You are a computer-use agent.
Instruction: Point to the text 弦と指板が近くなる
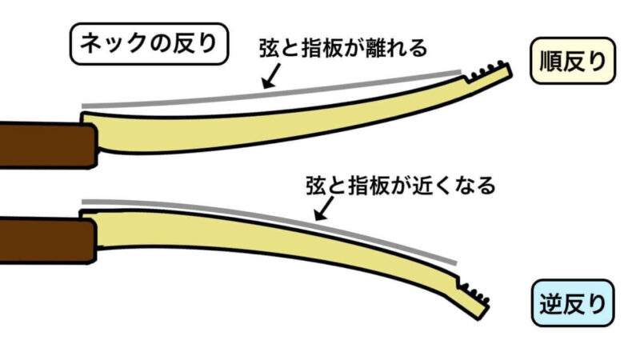tap(400, 186)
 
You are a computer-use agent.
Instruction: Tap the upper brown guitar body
tap(44, 144)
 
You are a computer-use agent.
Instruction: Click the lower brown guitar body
tap(44, 240)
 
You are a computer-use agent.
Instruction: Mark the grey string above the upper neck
tap(272, 90)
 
